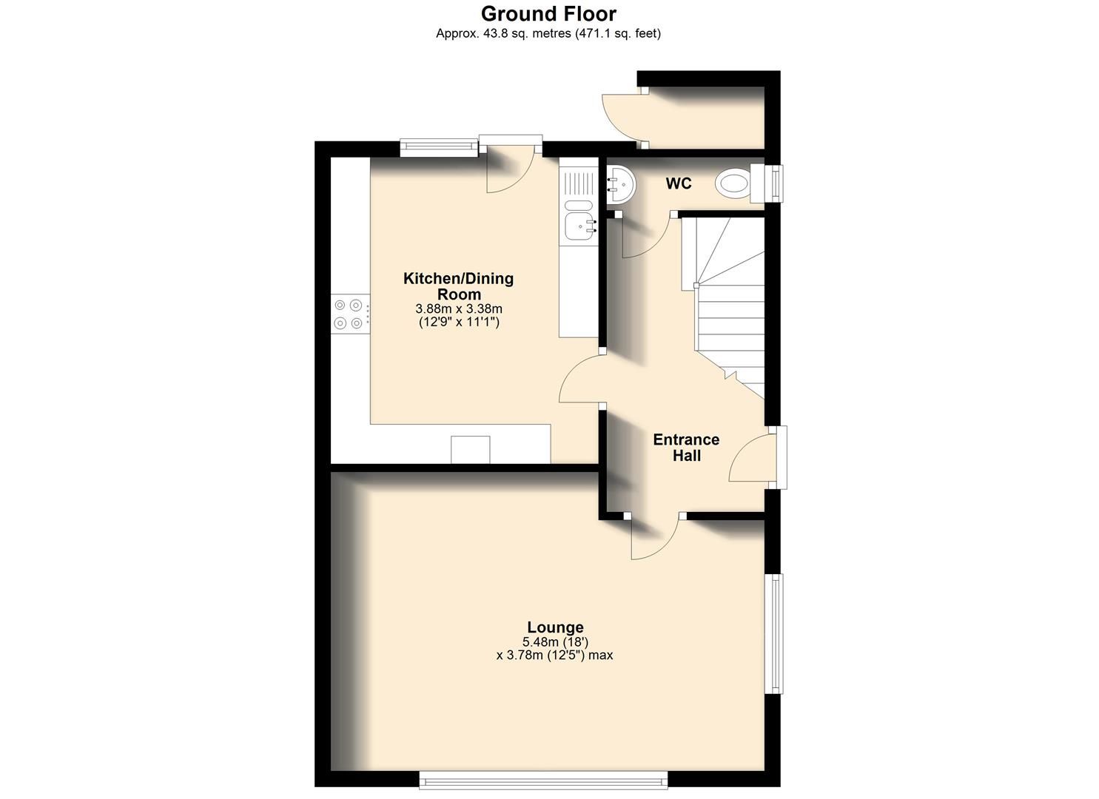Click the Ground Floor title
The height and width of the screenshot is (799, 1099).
(x=548, y=13)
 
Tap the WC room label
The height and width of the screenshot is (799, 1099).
(x=678, y=183)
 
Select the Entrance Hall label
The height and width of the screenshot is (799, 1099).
(x=686, y=448)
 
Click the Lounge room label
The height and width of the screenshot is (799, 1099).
(x=555, y=627)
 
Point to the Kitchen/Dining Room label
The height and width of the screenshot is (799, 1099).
(x=458, y=286)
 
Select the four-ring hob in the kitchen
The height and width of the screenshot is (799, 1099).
(x=348, y=313)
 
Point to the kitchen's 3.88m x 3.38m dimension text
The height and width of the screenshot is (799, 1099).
(x=459, y=309)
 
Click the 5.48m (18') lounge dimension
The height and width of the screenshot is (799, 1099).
(x=555, y=642)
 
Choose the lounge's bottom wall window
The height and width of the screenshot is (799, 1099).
(x=543, y=779)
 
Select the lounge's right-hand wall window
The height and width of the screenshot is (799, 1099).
(x=773, y=634)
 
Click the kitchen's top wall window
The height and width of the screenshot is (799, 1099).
(x=439, y=149)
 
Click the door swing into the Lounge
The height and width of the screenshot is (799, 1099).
(x=654, y=539)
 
